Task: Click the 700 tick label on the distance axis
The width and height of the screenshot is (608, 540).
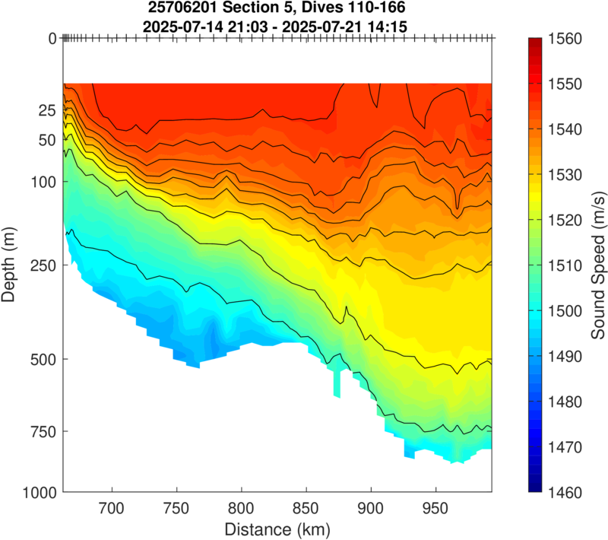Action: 112,507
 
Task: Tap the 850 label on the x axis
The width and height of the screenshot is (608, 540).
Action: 306,507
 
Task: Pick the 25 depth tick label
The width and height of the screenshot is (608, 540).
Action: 47,111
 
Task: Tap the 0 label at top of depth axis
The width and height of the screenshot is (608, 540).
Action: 52,38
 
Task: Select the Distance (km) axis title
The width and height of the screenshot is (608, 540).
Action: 277,528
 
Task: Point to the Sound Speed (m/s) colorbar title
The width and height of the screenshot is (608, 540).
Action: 599,265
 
